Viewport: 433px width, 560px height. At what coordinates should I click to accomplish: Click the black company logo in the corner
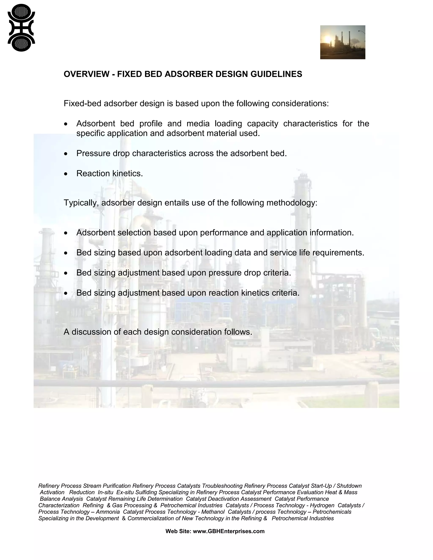21,28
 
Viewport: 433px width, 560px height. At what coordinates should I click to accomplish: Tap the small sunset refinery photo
343,42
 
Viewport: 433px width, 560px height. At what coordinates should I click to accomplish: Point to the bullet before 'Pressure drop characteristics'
66,154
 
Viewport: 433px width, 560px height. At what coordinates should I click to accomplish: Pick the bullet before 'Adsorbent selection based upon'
66,233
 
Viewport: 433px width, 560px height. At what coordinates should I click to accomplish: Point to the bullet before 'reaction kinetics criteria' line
66,293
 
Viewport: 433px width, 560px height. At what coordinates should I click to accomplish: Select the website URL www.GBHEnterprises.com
229,531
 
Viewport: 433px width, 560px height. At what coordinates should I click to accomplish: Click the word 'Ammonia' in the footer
108,512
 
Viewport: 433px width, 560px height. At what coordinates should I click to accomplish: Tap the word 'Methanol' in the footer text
213,512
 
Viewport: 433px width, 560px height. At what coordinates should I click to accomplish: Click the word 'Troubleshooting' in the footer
222,486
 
